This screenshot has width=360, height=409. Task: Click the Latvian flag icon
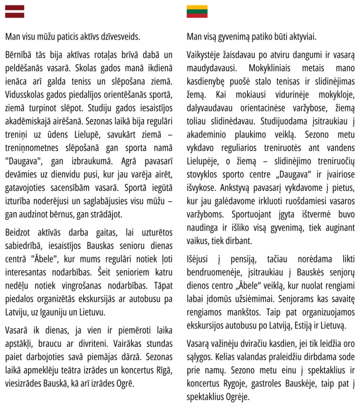pyautogui.click(x=14, y=12)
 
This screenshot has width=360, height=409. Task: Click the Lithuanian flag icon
pyautogui.click(x=197, y=12)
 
